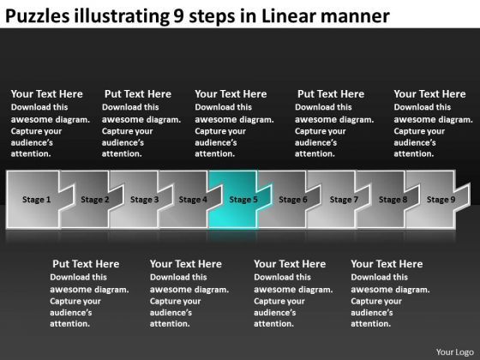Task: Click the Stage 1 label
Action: tap(37, 200)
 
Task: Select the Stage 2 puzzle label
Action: tap(95, 200)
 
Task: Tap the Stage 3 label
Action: tap(144, 200)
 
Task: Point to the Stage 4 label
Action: tap(193, 200)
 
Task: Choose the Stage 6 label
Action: tap(292, 200)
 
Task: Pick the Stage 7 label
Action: tap(344, 200)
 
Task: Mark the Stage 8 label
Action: tap(393, 200)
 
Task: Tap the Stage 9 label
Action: tap(441, 200)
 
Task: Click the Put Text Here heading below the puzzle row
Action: tap(86, 264)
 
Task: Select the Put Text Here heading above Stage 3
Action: tap(137, 94)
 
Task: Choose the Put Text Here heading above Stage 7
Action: tap(330, 94)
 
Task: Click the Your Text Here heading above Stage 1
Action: tap(46, 94)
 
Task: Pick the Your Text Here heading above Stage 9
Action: tap(429, 94)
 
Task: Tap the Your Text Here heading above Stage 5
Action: tap(231, 94)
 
